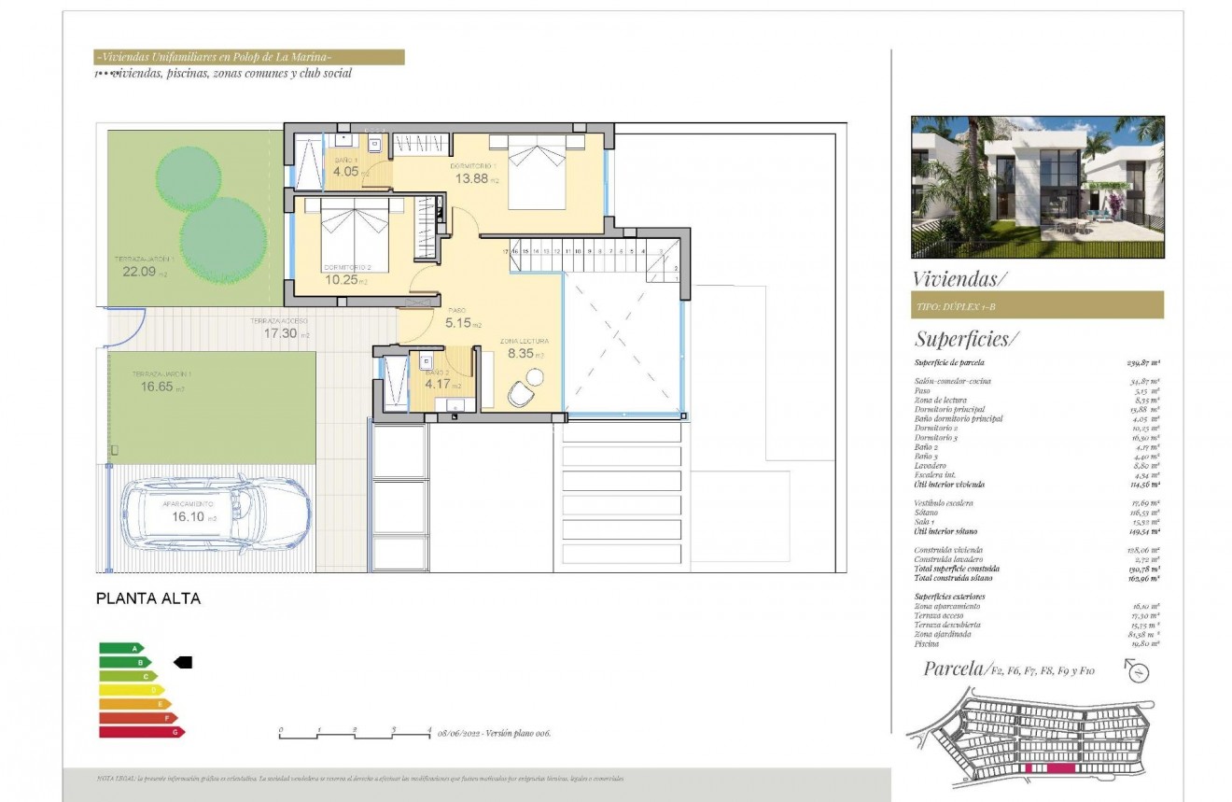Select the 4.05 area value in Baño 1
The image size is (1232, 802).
point(346,171)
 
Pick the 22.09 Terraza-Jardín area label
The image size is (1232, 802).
point(136,273)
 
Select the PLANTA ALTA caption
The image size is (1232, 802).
point(148,598)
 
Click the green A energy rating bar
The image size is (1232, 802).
point(121,648)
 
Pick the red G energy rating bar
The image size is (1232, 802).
point(141,732)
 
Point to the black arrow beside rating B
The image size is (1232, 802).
point(183,662)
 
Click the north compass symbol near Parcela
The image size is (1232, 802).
point(1138,670)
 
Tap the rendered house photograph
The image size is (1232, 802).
point(1037,187)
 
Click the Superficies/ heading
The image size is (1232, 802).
point(961,338)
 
